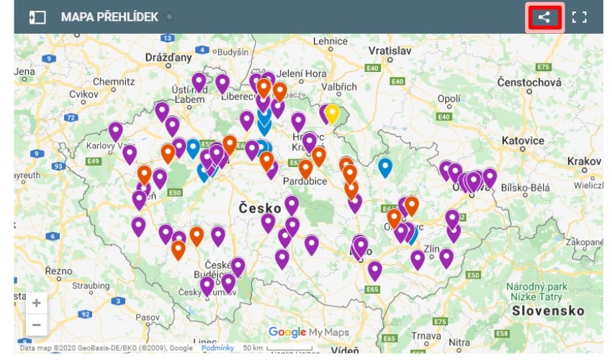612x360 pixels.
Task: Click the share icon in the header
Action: [544, 17]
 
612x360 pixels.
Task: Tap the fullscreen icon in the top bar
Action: [580, 17]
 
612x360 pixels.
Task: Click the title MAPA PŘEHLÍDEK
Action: [109, 17]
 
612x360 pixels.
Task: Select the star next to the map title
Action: [169, 17]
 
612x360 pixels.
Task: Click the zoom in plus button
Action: [36, 302]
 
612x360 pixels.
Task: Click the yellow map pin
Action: [332, 112]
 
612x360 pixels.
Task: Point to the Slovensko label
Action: [548, 310]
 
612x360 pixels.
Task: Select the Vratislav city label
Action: [389, 51]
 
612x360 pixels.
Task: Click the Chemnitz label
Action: [114, 82]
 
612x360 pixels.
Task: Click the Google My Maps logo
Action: [309, 332]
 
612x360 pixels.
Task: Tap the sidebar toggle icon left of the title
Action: [37, 17]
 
